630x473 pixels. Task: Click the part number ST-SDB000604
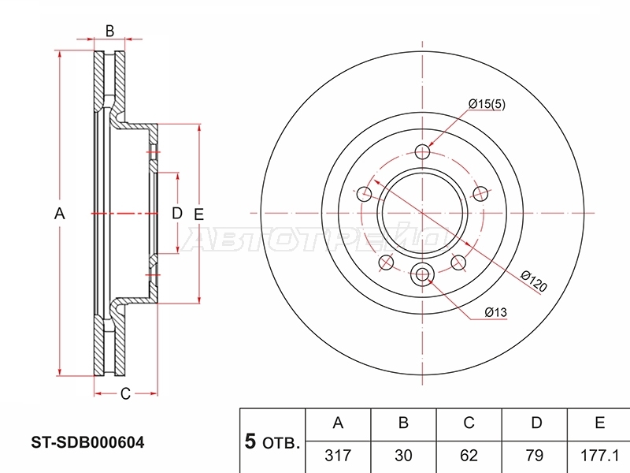pyautogui.click(x=87, y=442)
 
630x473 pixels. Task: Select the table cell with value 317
pyautogui.click(x=338, y=456)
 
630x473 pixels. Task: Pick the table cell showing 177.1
pyautogui.click(x=599, y=456)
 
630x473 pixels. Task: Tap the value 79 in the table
pyautogui.click(x=535, y=456)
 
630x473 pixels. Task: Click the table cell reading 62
pyautogui.click(x=469, y=456)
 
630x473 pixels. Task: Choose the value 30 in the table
pyautogui.click(x=403, y=456)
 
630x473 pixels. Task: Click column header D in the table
pyautogui.click(x=536, y=423)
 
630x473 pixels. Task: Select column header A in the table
pyautogui.click(x=338, y=423)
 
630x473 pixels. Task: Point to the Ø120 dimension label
pyautogui.click(x=534, y=281)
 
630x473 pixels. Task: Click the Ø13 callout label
pyautogui.click(x=495, y=312)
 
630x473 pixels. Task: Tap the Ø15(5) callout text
pyautogui.click(x=487, y=104)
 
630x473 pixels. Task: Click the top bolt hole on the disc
pyautogui.click(x=422, y=152)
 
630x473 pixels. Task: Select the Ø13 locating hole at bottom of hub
pyautogui.click(x=422, y=274)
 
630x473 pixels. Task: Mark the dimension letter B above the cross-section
pyautogui.click(x=109, y=31)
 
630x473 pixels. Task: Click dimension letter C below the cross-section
pyautogui.click(x=125, y=393)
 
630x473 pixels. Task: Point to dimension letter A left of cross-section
pyautogui.click(x=60, y=214)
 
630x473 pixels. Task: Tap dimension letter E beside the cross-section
pyautogui.click(x=198, y=214)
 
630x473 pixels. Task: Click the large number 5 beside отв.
pyautogui.click(x=250, y=441)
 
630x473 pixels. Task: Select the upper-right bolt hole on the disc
pyautogui.click(x=480, y=194)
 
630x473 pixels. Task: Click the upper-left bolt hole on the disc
pyautogui.click(x=365, y=194)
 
